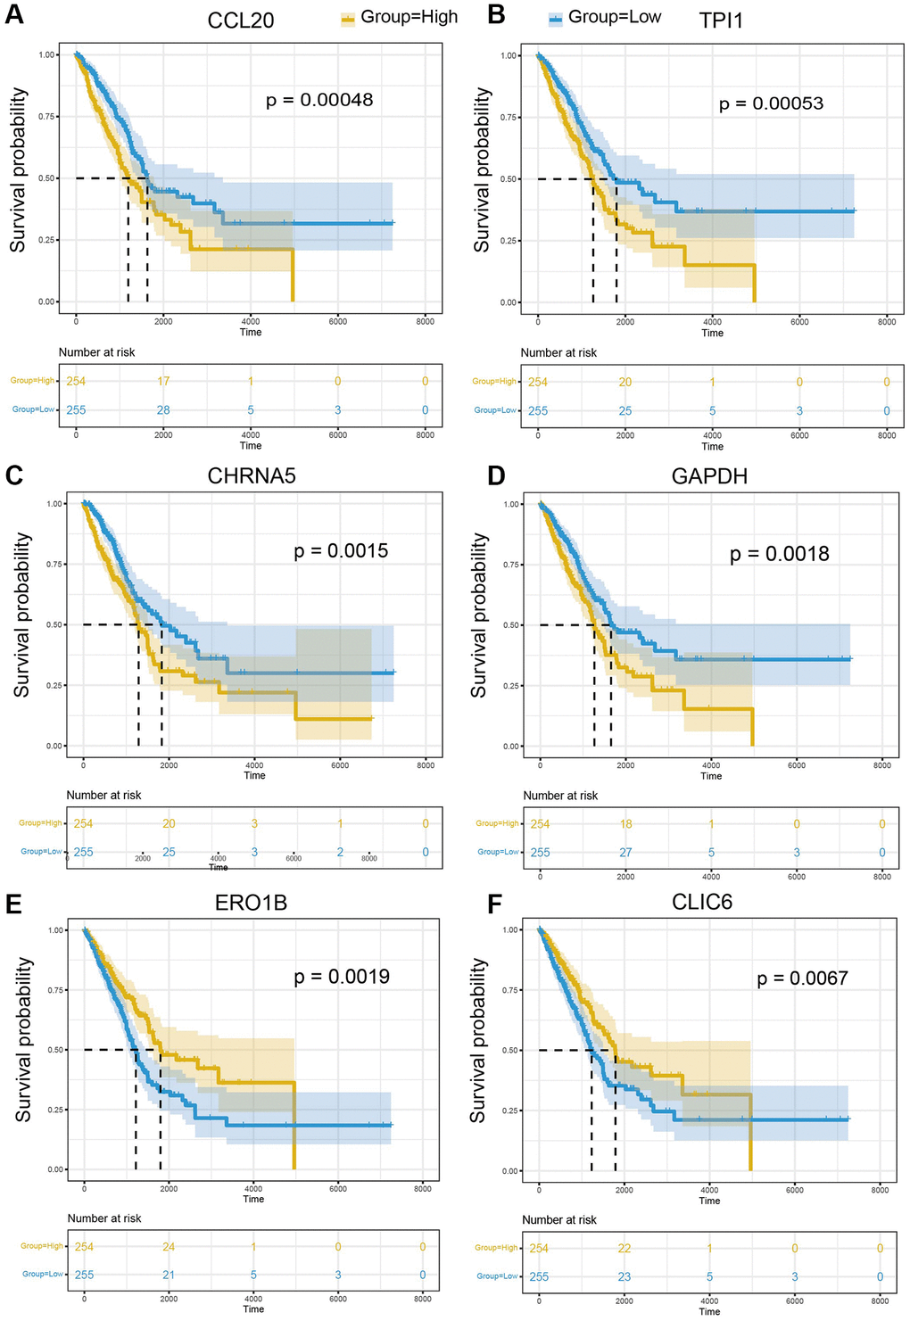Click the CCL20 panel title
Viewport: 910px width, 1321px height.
point(241,21)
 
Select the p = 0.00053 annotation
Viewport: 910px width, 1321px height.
point(771,103)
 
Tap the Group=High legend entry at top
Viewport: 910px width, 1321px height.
point(400,17)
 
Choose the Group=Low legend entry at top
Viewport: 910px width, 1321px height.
point(605,17)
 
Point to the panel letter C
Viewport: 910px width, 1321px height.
point(14,475)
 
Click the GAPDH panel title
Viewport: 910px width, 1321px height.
point(709,476)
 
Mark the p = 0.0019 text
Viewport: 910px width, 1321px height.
point(342,977)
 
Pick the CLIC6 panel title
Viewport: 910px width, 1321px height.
point(702,903)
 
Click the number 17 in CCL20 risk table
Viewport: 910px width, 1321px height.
point(163,381)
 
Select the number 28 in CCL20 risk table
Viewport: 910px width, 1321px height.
point(163,410)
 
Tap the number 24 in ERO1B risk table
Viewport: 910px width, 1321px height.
point(169,1247)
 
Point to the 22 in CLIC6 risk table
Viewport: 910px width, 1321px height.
point(625,1249)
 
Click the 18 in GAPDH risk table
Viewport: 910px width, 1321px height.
point(625,824)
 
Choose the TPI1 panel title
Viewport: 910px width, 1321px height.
point(721,21)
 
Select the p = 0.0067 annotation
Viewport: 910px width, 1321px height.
point(802,978)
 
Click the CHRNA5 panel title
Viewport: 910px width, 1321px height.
point(252,476)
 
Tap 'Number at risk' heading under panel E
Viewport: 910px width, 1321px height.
point(104,1218)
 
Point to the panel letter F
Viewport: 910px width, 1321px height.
point(495,904)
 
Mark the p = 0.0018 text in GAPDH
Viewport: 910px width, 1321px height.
point(779,554)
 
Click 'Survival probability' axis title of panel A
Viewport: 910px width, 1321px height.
point(18,169)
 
